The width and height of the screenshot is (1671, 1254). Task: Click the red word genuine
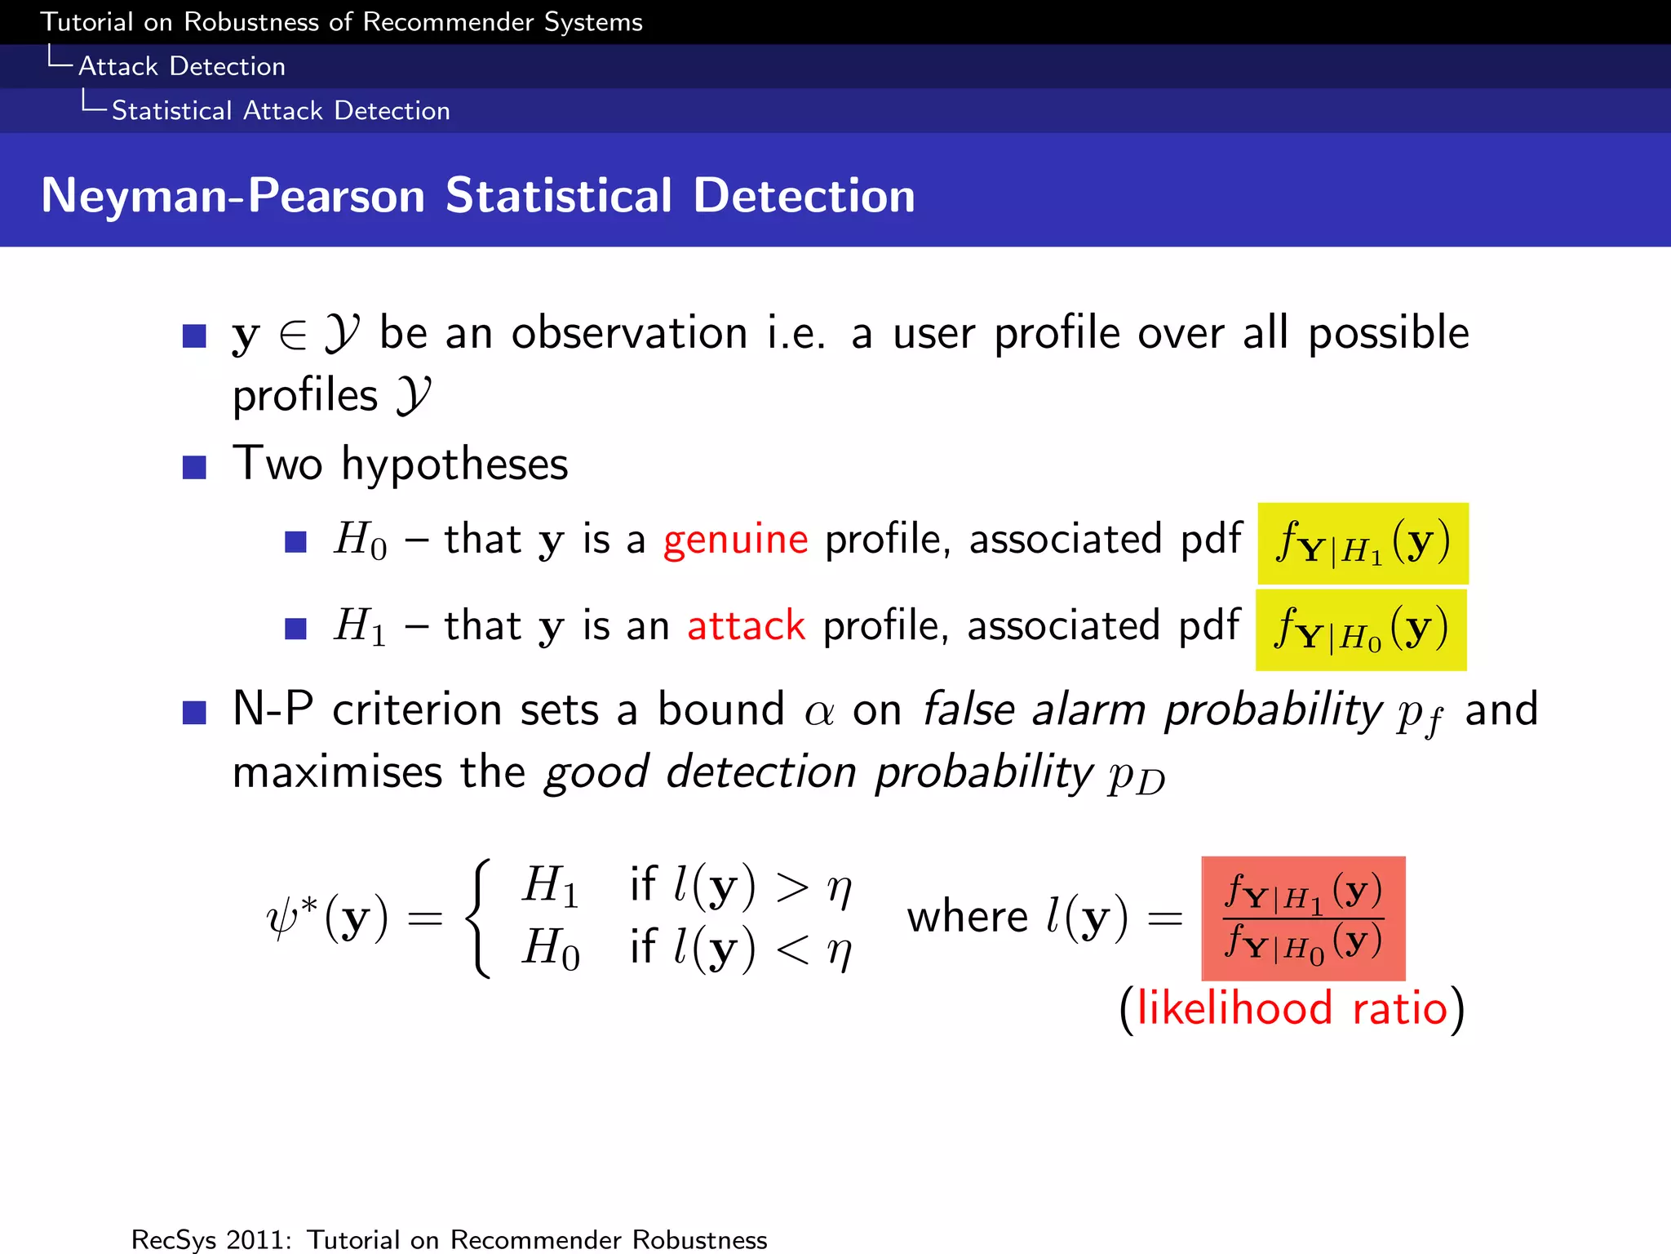coord(735,540)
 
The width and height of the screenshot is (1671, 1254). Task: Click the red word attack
coord(746,626)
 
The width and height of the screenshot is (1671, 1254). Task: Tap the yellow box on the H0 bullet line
coord(1363,543)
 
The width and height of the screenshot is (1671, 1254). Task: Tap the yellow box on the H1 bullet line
coord(1360,630)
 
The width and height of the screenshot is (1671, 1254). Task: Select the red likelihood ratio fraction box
coord(1303,918)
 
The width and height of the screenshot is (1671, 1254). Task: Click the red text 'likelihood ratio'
coord(1292,1008)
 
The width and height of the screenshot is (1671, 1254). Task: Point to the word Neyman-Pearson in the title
coord(233,196)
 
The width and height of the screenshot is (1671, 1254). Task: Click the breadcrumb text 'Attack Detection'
coord(182,66)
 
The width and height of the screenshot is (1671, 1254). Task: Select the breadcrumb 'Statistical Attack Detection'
coord(281,110)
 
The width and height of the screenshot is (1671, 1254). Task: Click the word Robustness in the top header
coord(251,22)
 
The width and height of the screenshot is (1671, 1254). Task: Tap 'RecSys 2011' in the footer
coord(211,1239)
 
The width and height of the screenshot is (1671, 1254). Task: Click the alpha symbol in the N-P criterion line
coord(819,712)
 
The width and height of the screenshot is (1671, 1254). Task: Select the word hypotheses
coord(454,465)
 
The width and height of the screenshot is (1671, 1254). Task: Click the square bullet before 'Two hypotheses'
coord(194,467)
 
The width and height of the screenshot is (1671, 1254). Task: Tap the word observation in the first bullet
coord(629,333)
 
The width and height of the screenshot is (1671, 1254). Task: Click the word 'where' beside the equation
coord(967,917)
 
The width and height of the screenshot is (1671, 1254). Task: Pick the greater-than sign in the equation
coord(792,887)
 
